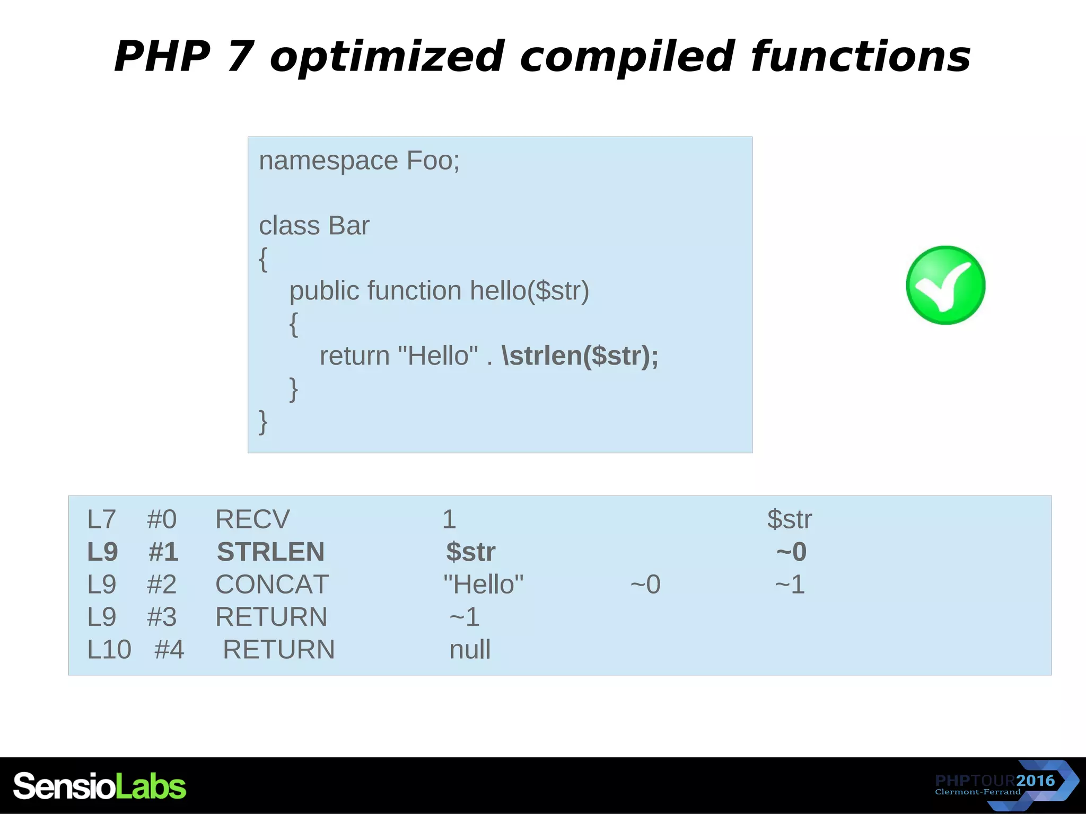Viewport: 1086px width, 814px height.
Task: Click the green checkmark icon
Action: coord(945,285)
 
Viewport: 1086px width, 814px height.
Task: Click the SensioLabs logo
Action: coord(100,786)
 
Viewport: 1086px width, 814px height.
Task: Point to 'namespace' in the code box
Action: coord(328,161)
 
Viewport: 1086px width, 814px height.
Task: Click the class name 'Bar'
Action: coord(348,226)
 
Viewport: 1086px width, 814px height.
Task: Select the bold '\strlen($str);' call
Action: coord(580,356)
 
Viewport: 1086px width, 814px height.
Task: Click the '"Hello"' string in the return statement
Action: coord(437,356)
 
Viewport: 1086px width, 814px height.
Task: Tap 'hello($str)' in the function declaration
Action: coord(529,291)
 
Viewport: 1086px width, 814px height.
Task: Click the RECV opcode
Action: coord(252,519)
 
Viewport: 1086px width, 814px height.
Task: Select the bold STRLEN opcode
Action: coord(270,552)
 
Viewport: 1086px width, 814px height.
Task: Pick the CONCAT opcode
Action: coord(272,585)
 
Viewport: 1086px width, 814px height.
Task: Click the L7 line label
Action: coord(101,519)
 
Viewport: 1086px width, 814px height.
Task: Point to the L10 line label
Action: coord(109,650)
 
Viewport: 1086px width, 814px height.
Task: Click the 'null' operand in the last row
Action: coord(470,650)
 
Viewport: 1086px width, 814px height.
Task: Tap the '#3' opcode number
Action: coord(162,617)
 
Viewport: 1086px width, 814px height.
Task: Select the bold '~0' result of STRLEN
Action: coord(791,552)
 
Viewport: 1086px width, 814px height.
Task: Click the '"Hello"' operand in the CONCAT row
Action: coord(483,585)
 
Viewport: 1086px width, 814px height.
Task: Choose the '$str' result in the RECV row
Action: coord(789,519)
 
